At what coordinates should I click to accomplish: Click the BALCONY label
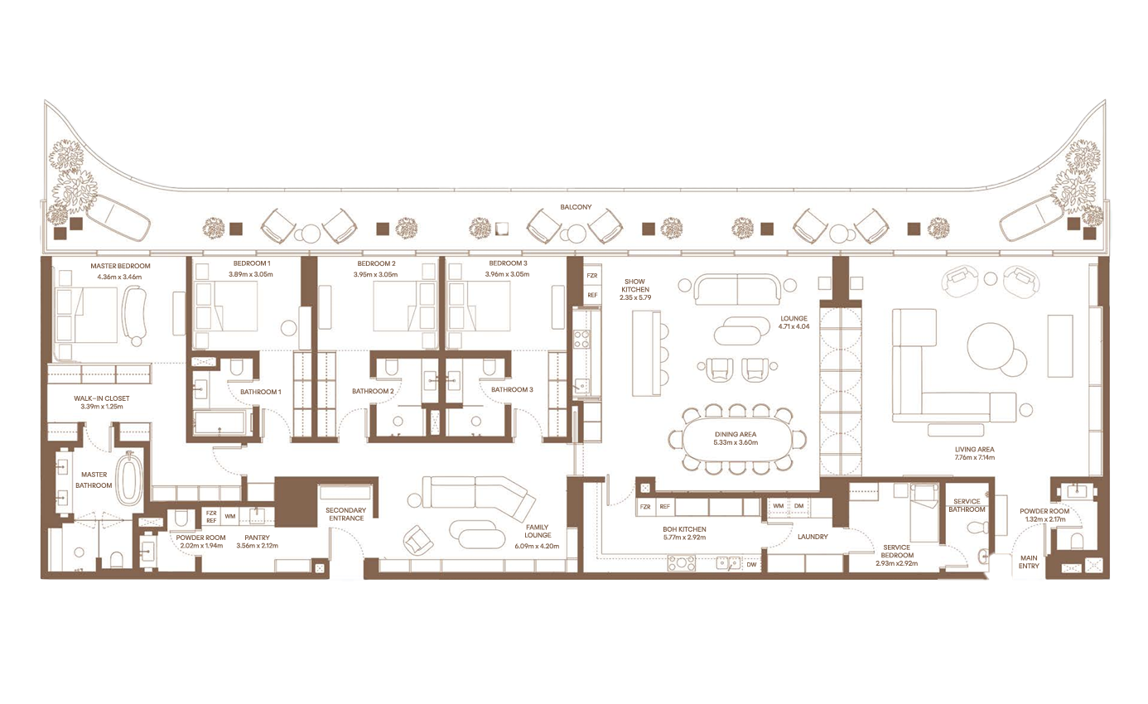click(x=576, y=207)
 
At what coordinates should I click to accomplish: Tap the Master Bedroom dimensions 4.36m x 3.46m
click(x=119, y=277)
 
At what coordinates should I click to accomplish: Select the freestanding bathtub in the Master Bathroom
click(x=129, y=478)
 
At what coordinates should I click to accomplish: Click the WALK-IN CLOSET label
click(x=102, y=398)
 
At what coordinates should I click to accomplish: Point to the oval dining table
click(x=736, y=439)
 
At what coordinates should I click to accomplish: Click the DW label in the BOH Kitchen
click(x=751, y=565)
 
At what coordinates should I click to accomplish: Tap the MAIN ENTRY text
click(x=1029, y=562)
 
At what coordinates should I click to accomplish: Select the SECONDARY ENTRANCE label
click(x=346, y=514)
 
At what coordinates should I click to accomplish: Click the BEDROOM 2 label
click(x=377, y=263)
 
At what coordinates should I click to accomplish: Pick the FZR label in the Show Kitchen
click(x=592, y=276)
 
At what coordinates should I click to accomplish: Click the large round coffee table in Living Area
click(x=991, y=346)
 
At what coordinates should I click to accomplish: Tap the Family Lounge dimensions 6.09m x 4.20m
click(x=537, y=546)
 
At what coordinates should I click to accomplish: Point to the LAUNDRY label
click(x=813, y=537)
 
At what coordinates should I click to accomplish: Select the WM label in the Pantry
click(x=230, y=517)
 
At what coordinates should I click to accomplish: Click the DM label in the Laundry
click(x=798, y=506)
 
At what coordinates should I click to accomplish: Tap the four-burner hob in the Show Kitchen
click(x=581, y=340)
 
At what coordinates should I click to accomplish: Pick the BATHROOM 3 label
click(x=512, y=389)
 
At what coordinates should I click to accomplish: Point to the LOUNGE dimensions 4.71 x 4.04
click(x=793, y=326)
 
